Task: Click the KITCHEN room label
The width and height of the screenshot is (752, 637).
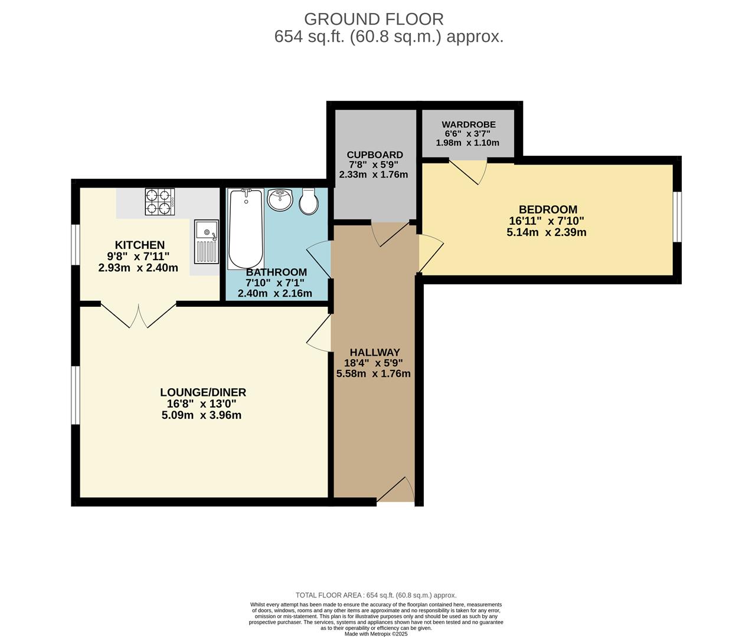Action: (x=139, y=245)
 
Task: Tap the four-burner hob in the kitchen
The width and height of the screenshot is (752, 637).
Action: (x=160, y=202)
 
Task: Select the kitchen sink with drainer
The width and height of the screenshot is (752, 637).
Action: (x=206, y=242)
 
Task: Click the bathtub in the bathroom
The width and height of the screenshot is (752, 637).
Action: (x=246, y=229)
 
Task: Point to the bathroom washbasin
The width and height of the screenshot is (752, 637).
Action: (x=280, y=200)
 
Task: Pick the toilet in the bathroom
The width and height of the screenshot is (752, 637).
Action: (x=309, y=201)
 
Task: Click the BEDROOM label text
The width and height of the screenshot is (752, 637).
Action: (x=548, y=209)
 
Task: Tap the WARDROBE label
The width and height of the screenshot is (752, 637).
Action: (x=469, y=124)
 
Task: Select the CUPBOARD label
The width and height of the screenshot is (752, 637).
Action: (x=375, y=155)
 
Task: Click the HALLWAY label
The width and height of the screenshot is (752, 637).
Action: (x=374, y=352)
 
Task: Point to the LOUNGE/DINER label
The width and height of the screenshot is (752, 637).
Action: (x=203, y=392)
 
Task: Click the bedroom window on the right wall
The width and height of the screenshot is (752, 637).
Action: (x=678, y=217)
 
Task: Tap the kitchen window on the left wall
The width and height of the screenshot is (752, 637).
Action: (x=76, y=244)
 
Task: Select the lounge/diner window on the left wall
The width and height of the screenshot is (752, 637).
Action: (x=76, y=395)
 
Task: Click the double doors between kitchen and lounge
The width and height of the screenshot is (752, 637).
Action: (x=139, y=315)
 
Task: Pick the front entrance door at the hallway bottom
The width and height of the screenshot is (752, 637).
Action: (x=396, y=491)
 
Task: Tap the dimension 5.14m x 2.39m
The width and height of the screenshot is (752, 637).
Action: (x=546, y=232)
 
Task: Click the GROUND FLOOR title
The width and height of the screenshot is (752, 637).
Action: (x=374, y=19)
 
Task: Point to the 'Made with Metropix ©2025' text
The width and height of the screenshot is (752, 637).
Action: (x=376, y=633)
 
